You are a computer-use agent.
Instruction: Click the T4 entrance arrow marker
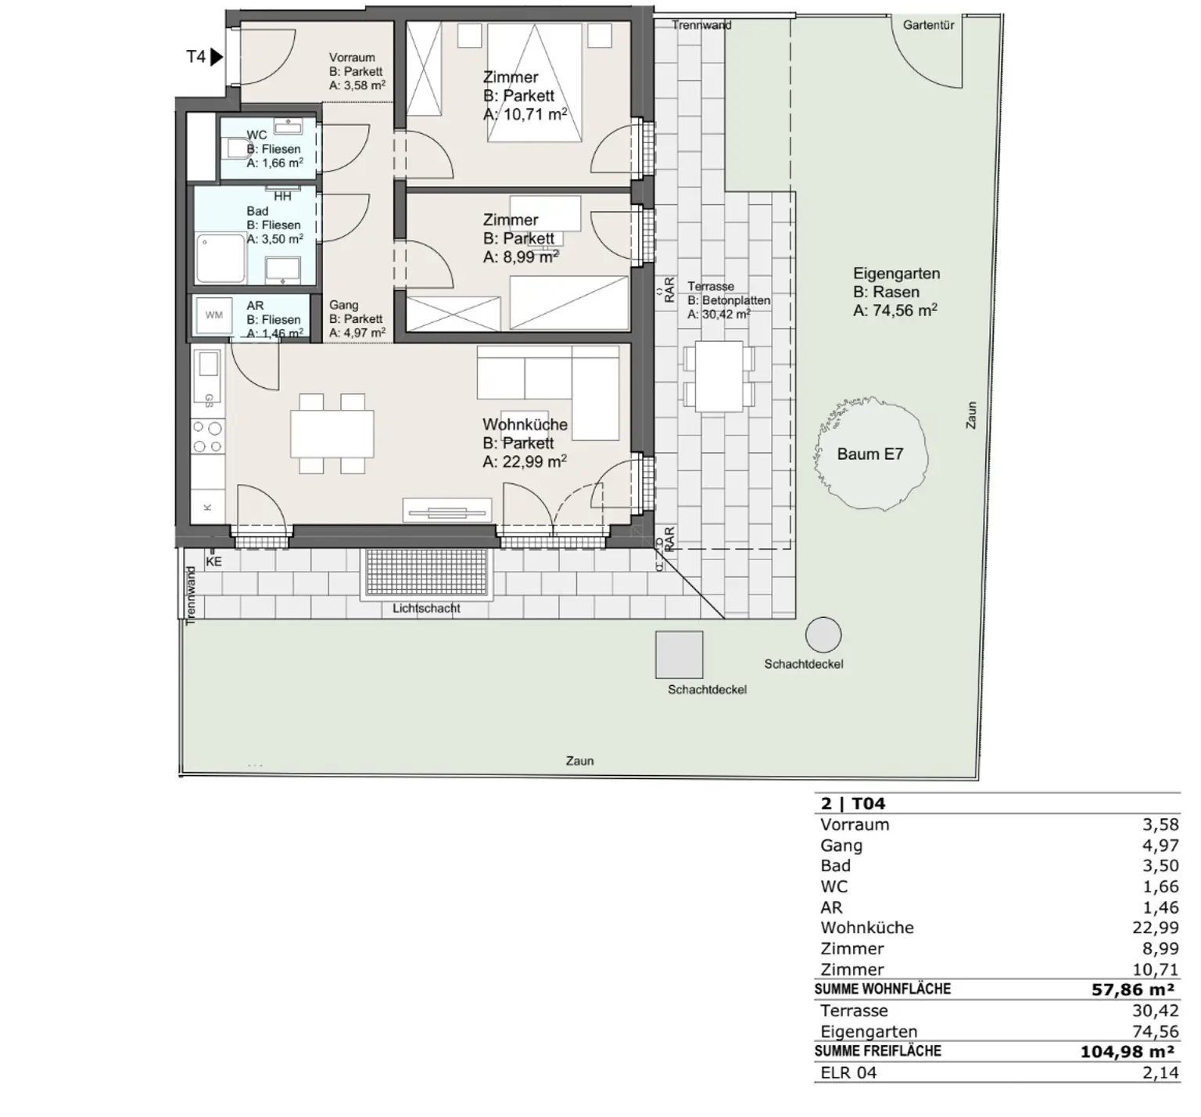click(217, 57)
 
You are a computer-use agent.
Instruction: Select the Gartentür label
click(928, 25)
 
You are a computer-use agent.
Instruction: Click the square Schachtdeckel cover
click(679, 655)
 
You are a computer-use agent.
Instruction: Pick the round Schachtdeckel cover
click(823, 634)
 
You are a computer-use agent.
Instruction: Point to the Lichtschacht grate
click(427, 573)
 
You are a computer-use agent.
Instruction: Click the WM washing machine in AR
click(213, 316)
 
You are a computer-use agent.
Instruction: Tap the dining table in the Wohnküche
click(332, 434)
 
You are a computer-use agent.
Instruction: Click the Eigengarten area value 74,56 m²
click(895, 311)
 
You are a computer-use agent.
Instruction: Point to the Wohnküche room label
click(525, 425)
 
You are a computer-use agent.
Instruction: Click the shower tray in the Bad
click(220, 258)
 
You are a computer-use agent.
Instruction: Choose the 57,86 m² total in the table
click(1133, 990)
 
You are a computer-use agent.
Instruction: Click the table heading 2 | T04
click(853, 804)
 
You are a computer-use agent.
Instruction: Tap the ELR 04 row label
click(848, 1072)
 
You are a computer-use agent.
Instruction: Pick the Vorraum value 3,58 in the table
click(1160, 824)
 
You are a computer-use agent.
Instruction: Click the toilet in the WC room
click(235, 148)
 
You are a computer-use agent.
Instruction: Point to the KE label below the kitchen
click(213, 562)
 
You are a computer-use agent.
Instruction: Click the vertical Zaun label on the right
click(972, 415)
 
